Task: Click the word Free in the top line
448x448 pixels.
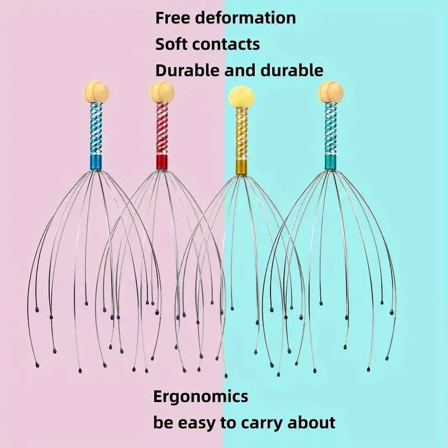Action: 172,18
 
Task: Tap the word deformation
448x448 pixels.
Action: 245,18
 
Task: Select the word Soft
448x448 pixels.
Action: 171,44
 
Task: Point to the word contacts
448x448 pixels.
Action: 226,45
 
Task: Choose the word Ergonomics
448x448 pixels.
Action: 200,396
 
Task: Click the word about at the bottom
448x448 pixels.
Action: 311,422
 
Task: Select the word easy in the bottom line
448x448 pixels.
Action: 198,423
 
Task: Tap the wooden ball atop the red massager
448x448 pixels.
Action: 162,92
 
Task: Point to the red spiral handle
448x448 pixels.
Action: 162,129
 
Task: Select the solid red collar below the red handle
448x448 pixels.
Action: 162,162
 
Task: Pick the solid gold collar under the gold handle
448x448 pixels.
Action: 241,167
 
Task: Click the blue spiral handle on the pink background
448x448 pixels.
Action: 96,129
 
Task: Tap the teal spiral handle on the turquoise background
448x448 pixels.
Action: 331,129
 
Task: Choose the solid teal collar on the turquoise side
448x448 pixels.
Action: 331,162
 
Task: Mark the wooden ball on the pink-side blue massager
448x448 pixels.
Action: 96,92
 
